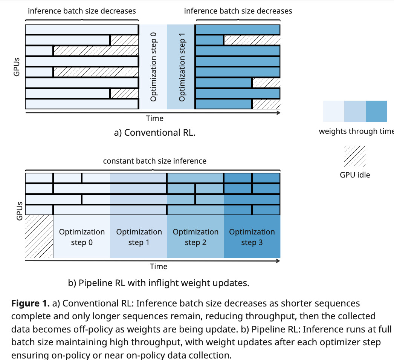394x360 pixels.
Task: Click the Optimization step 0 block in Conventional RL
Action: [x=153, y=67]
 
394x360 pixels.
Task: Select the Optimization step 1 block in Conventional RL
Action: [x=181, y=67]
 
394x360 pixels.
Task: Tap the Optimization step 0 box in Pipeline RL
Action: [x=82, y=237]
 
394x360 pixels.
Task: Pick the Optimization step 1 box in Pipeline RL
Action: [x=139, y=237]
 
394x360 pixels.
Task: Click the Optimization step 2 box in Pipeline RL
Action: [x=195, y=237]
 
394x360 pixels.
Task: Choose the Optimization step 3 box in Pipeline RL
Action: [x=252, y=237]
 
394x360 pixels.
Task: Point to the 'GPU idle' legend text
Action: [x=354, y=175]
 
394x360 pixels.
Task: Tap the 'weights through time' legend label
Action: [x=356, y=131]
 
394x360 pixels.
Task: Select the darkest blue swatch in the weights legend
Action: [x=376, y=111]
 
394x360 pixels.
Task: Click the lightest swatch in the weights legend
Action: [x=334, y=111]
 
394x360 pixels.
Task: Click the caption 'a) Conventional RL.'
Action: [x=155, y=133]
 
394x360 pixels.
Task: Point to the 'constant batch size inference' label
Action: [x=155, y=161]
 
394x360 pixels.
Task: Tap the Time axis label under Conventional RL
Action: [x=155, y=118]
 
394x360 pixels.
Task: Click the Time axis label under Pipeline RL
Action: [x=159, y=267]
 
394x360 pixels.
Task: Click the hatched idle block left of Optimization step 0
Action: [x=39, y=237]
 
